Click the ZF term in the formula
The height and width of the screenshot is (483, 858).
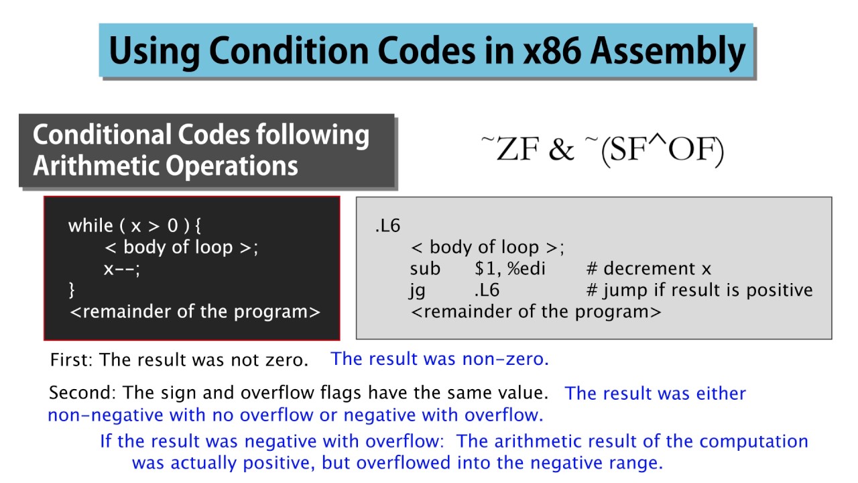click(518, 150)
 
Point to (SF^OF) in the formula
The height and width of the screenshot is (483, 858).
click(662, 150)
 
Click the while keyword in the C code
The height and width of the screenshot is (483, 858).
click(90, 225)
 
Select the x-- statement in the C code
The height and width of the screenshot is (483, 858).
click(121, 269)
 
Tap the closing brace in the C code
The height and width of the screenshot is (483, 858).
click(72, 290)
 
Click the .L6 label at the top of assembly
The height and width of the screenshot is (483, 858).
click(387, 225)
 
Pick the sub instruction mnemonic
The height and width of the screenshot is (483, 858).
click(425, 269)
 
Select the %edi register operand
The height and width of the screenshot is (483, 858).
click(526, 269)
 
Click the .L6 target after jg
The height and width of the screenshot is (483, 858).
click(487, 290)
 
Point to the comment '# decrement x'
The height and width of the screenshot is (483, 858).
click(648, 269)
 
